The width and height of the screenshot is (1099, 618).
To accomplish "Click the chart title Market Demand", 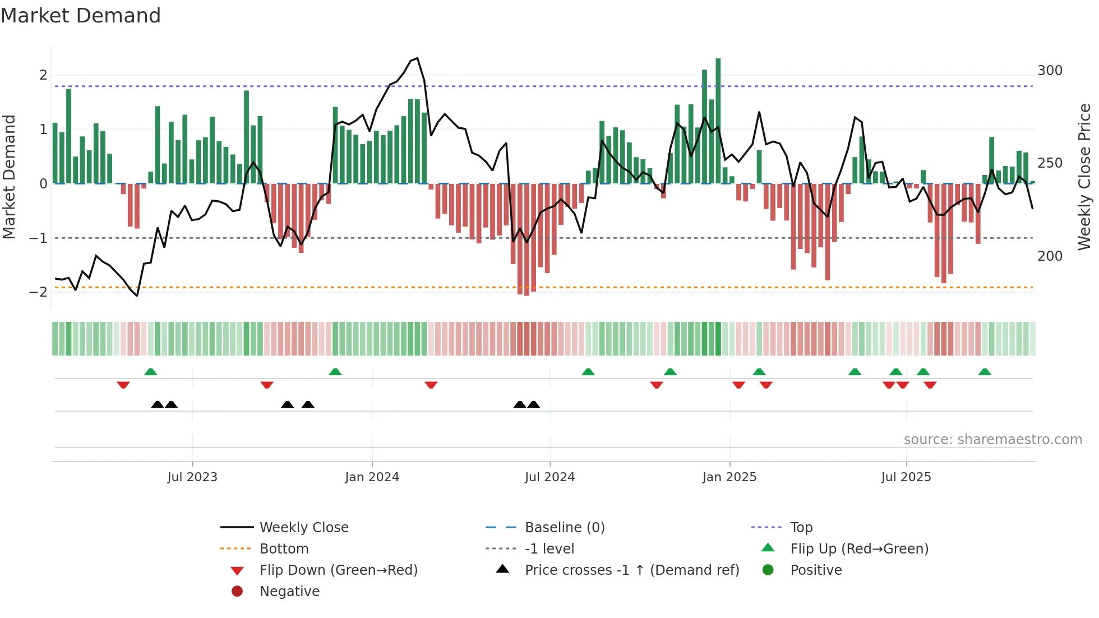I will click(81, 16).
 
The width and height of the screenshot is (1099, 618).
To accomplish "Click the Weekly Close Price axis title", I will click(1084, 177).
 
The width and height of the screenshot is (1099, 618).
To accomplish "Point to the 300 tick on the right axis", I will click(1050, 71).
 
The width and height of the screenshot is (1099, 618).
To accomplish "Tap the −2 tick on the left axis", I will click(38, 292).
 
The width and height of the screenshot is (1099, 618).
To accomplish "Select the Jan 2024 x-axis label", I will click(372, 477).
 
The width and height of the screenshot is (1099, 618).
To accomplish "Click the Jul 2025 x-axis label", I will click(906, 477).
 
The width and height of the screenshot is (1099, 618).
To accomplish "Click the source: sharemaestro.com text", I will click(992, 440).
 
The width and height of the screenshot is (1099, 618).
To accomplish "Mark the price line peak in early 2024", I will click(417, 58).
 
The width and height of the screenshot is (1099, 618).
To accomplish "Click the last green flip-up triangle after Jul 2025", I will click(985, 372).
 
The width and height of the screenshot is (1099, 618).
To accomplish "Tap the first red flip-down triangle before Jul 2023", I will click(123, 385).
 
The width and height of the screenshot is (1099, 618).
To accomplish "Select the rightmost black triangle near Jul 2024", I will click(534, 404).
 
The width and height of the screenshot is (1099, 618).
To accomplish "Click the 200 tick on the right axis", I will click(1050, 256).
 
